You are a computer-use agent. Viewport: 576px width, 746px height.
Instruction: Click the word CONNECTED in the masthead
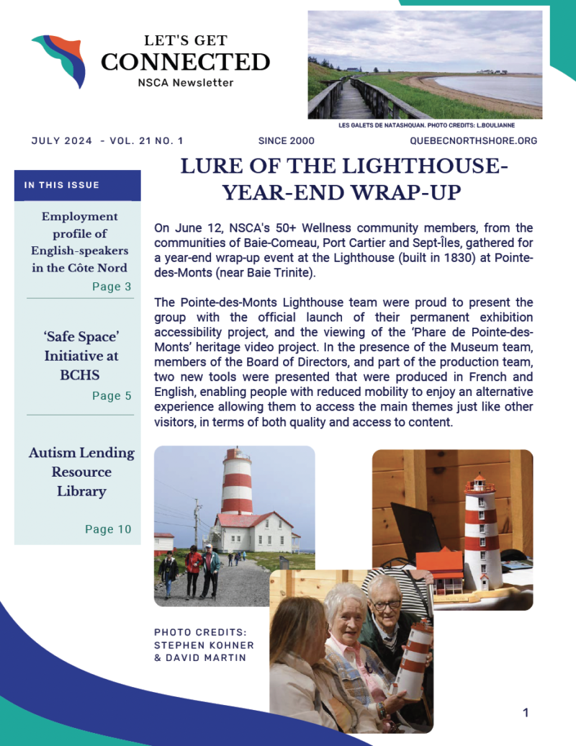185,62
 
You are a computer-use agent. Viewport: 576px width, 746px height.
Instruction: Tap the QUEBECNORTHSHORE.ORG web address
473,140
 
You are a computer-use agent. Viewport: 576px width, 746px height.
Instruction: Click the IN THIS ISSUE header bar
78,185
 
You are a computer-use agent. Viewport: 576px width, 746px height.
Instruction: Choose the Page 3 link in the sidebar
112,287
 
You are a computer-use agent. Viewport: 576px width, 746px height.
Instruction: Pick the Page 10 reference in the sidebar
108,529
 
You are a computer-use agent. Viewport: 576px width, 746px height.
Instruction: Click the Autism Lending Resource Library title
81,472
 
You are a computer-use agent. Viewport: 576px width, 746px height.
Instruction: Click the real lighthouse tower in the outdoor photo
236,482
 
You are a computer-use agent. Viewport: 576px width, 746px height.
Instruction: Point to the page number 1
526,713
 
